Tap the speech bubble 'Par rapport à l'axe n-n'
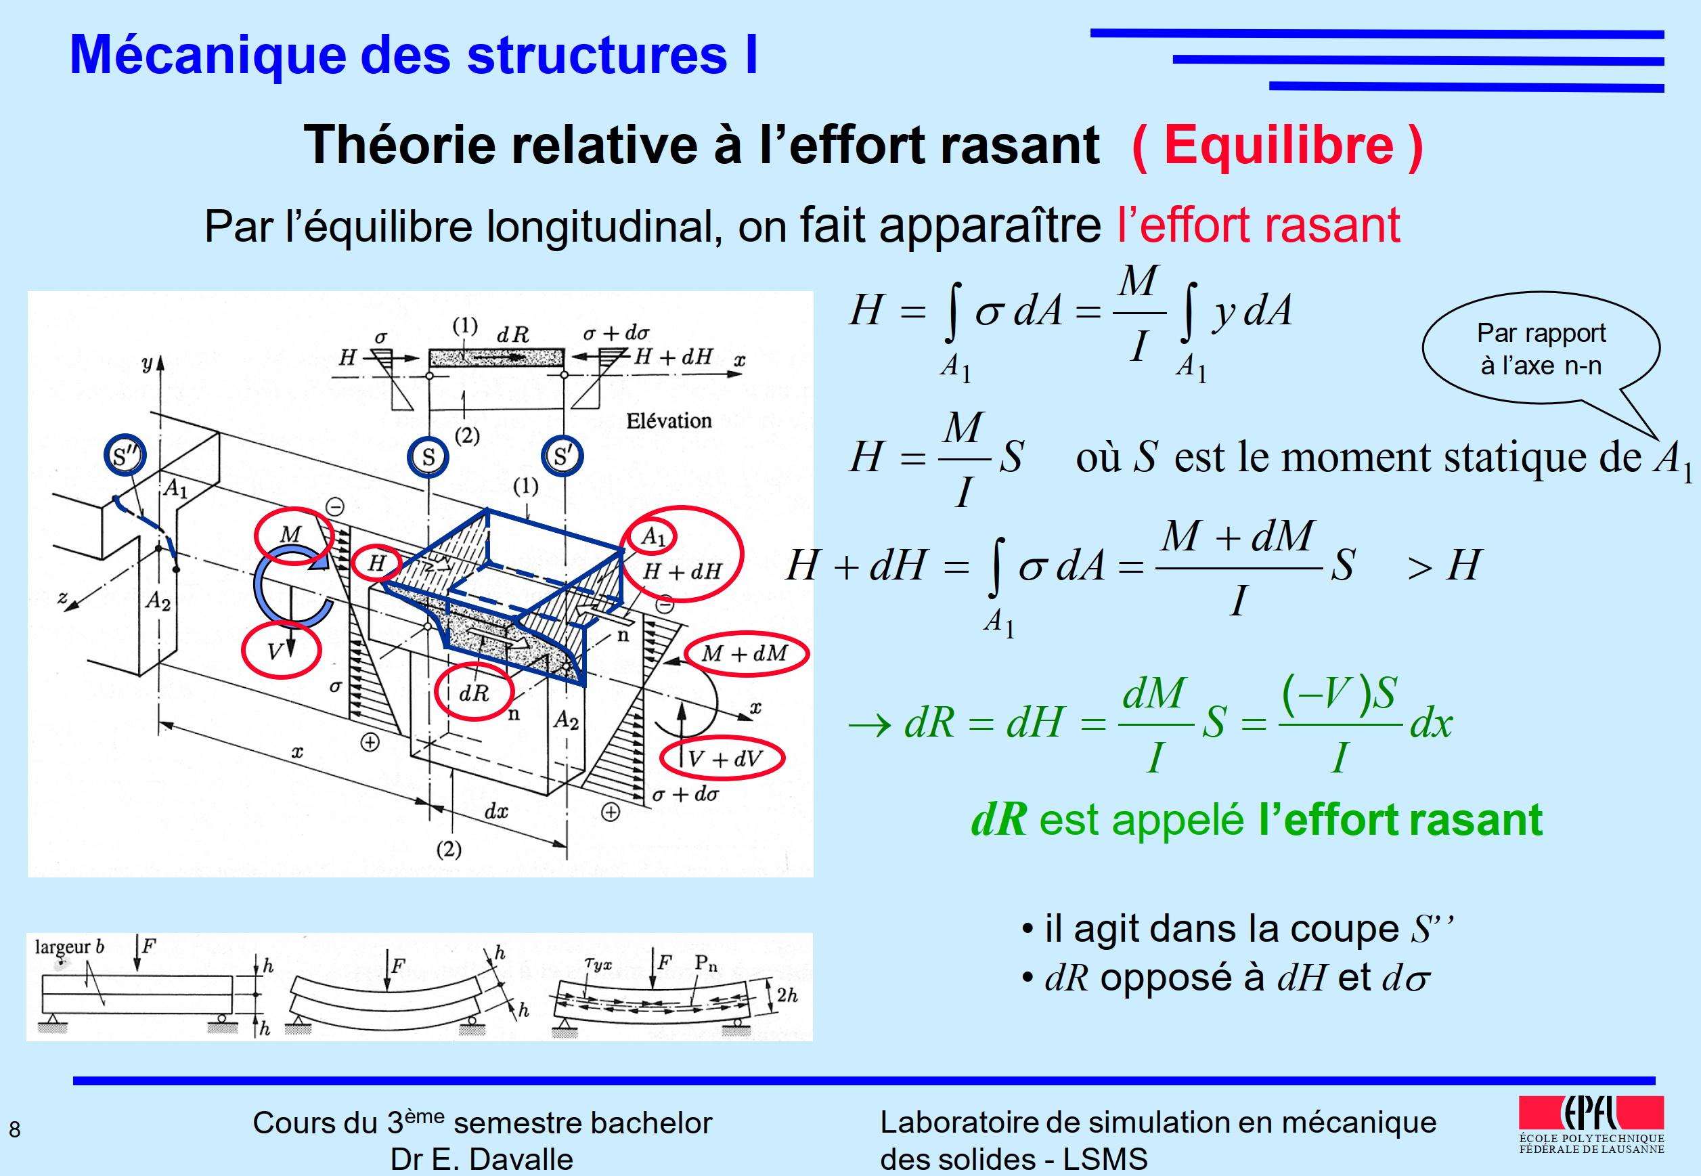[x=1541, y=350]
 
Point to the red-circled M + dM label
[x=746, y=653]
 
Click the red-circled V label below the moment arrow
[x=282, y=649]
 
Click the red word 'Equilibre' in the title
[x=1279, y=145]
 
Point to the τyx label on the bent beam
[x=598, y=962]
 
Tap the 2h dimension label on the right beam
[x=787, y=995]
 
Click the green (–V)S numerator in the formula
[x=1340, y=693]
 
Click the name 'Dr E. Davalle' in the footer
[x=482, y=1159]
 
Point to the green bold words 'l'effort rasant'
[x=1400, y=819]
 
